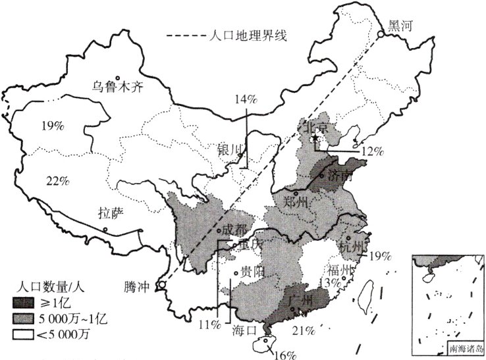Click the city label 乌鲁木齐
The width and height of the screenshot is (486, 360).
point(117,86)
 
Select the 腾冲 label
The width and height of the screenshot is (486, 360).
point(136,287)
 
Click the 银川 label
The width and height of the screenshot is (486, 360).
point(231,149)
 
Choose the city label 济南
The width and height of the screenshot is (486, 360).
point(340,176)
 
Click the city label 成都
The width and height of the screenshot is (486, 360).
point(235,229)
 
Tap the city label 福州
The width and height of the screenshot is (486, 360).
point(340,270)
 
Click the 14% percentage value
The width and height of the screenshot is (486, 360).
point(246,99)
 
